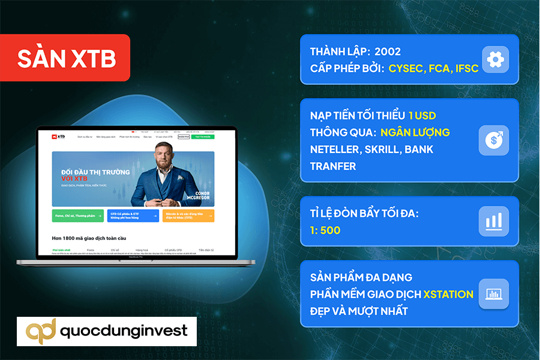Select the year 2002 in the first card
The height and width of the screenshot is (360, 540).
click(387, 52)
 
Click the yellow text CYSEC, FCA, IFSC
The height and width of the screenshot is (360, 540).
click(433, 68)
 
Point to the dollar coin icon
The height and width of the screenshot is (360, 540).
click(493, 140)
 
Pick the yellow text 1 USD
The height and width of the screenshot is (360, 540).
click(427, 115)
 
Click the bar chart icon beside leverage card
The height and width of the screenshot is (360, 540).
click(493, 221)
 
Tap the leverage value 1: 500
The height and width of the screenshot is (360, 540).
click(326, 230)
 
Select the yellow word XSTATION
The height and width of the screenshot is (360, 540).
click(448, 294)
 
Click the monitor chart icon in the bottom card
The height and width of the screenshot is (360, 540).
click(493, 294)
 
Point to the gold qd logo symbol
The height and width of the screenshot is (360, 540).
click(41, 331)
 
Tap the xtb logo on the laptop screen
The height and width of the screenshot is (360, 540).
click(59, 137)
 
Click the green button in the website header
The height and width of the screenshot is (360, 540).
click(202, 137)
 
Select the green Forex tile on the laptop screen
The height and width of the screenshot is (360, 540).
click(77, 215)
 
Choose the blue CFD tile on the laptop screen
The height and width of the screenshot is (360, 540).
click(133, 215)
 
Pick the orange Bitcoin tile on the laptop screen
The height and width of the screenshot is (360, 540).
click(188, 215)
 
